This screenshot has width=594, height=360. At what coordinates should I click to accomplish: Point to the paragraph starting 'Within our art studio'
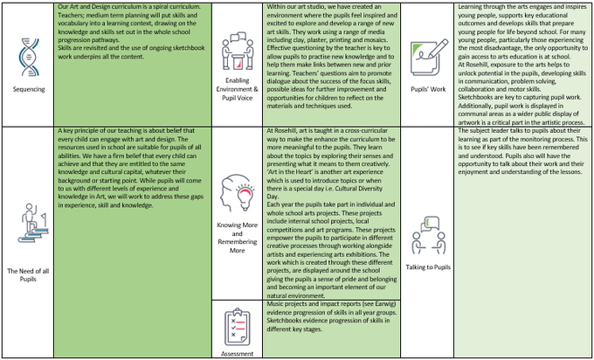[332, 66]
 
